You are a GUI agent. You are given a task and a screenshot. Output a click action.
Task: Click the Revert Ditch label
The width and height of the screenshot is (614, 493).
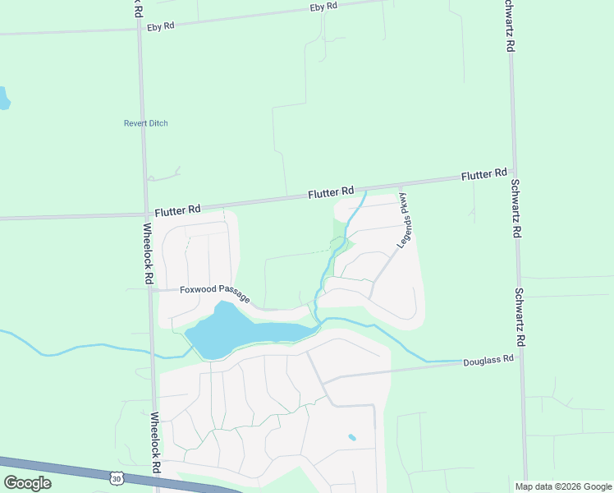145,123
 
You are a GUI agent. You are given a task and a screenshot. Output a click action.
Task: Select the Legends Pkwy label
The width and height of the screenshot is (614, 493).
404,220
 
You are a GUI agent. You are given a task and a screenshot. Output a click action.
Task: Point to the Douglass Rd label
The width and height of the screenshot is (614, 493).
488,360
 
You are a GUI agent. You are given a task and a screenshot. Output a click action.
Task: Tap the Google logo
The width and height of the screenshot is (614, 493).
27,482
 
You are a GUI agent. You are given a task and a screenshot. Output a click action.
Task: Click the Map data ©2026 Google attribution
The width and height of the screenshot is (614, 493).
563,486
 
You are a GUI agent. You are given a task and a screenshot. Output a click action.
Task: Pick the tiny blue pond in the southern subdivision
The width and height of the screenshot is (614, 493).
352,437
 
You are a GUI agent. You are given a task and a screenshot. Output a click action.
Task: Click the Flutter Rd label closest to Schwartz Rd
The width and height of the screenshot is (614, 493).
483,175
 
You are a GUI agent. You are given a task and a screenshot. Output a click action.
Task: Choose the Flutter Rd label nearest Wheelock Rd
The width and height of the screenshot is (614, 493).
177,210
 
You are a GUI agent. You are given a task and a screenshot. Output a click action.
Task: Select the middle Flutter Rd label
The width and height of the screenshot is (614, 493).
331,193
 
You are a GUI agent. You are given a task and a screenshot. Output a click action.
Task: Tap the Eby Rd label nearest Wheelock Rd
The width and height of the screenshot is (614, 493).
161,26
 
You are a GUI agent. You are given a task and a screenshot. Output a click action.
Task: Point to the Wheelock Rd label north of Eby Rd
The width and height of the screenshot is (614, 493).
136,10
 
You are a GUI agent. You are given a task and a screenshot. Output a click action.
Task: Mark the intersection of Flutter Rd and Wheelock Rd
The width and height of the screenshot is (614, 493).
145,215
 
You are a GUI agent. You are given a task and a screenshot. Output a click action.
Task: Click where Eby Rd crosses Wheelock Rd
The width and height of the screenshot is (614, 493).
139,30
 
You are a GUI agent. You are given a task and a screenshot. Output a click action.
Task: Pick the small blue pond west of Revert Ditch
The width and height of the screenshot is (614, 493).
3,99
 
